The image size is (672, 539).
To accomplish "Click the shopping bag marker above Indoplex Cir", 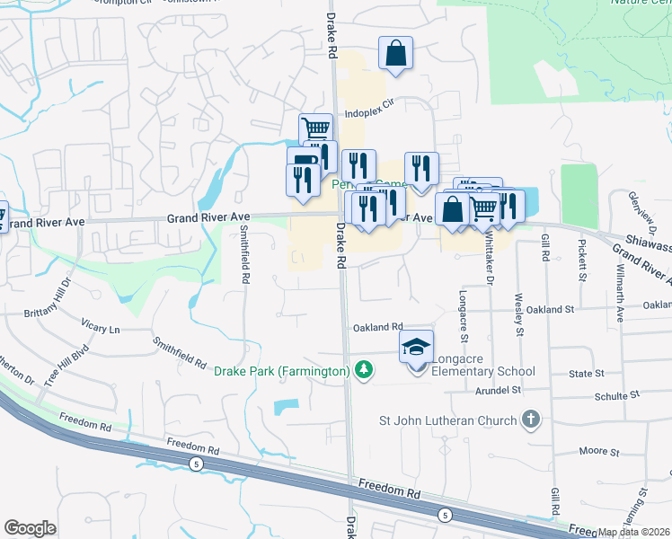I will [x=395, y=54].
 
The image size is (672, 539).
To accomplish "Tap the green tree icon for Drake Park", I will [x=364, y=370].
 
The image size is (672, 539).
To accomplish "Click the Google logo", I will [x=30, y=528].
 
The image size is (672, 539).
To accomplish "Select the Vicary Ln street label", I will [x=100, y=330].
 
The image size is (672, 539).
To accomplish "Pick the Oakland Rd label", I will [x=378, y=328].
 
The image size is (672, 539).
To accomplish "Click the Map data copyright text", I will [x=634, y=532].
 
